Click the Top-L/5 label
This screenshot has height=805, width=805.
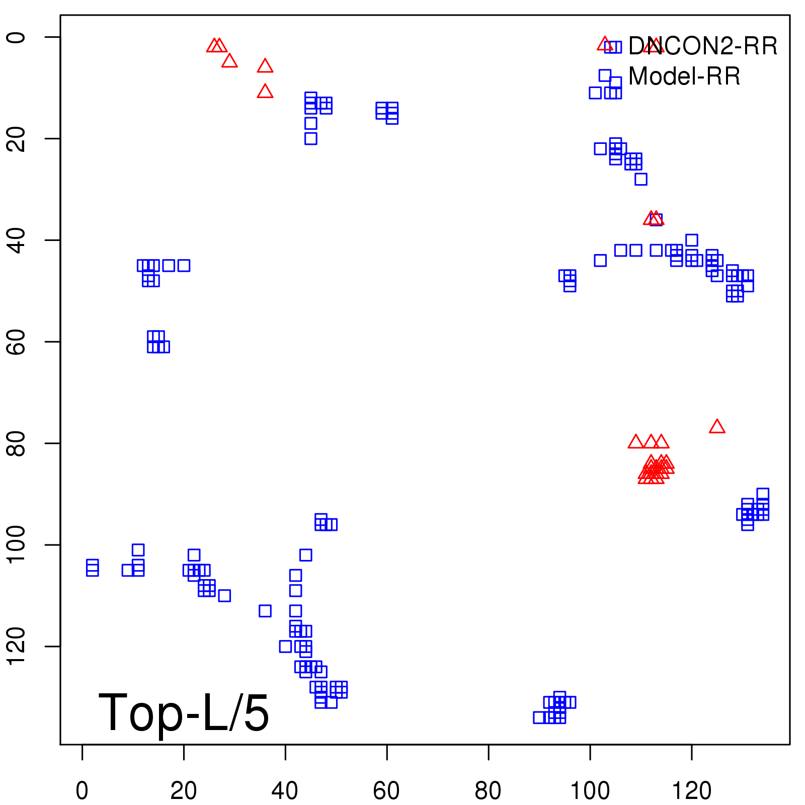184,712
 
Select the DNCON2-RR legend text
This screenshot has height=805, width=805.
703,46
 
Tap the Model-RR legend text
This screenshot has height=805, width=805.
684,76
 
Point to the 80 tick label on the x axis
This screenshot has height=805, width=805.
488,791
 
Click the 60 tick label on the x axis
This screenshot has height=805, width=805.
386,791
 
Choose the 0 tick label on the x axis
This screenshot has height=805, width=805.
82,791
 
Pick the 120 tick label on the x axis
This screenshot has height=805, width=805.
692,791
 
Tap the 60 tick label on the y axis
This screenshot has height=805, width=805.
17,342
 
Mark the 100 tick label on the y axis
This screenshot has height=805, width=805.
17,545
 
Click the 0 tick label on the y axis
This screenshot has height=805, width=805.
17,37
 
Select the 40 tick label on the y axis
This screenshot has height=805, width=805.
17,240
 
